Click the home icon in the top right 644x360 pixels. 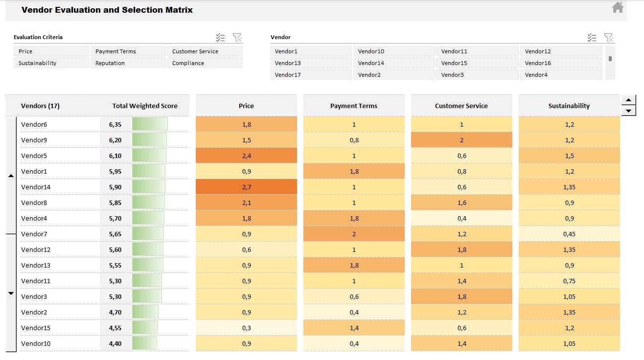(618, 7)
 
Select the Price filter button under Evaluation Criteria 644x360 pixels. (51, 51)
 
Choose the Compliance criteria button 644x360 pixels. (205, 63)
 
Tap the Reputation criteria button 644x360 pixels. (128, 63)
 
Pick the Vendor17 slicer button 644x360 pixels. (311, 75)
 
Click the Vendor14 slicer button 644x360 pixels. (394, 63)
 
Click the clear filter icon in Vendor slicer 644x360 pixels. (609, 38)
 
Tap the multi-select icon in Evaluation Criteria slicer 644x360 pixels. (221, 38)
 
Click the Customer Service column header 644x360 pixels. (461, 106)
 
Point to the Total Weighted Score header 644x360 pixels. (145, 106)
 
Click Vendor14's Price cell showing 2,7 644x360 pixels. (246, 187)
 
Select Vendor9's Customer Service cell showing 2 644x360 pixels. (461, 140)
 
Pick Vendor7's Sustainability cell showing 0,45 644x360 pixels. (569, 234)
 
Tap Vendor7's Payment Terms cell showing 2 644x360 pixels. (354, 234)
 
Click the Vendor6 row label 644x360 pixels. (34, 124)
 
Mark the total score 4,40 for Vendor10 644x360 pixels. (115, 343)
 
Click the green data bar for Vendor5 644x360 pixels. (149, 156)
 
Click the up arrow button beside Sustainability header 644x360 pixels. (628, 100)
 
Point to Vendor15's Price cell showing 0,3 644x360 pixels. (246, 328)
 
